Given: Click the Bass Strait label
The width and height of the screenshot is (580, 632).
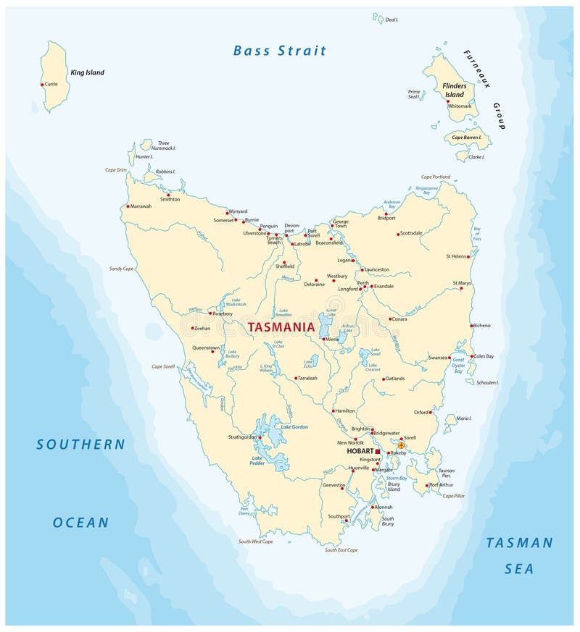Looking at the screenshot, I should pos(280,51).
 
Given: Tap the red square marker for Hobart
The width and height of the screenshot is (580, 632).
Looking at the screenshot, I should pos(377,451).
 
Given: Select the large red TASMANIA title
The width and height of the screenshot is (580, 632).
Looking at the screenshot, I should pos(281,327).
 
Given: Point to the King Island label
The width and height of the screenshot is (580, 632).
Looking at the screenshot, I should pos(87,72).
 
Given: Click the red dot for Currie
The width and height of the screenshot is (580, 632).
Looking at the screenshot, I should pos(42,85).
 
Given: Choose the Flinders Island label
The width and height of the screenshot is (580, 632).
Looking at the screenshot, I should pos(455,90).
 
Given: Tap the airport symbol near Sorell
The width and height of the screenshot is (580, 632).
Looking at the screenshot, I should pos(401,446).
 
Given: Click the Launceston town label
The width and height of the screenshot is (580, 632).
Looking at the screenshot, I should pos(377,269).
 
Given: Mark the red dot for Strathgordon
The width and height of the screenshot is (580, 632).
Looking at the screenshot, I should pos(260,437).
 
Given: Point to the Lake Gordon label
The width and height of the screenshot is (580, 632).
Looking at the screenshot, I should pos(294,427).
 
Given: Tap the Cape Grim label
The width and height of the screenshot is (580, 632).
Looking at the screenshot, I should pos(115,170).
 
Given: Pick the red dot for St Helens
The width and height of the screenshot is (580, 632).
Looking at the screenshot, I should pos(468,256).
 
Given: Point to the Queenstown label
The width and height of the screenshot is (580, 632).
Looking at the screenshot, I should pos(205,347).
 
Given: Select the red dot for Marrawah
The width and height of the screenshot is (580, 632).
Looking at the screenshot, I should pos(128,206).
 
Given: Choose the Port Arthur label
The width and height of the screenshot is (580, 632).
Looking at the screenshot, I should pos(442,485).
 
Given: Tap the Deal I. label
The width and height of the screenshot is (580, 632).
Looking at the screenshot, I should pos(391,20).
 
